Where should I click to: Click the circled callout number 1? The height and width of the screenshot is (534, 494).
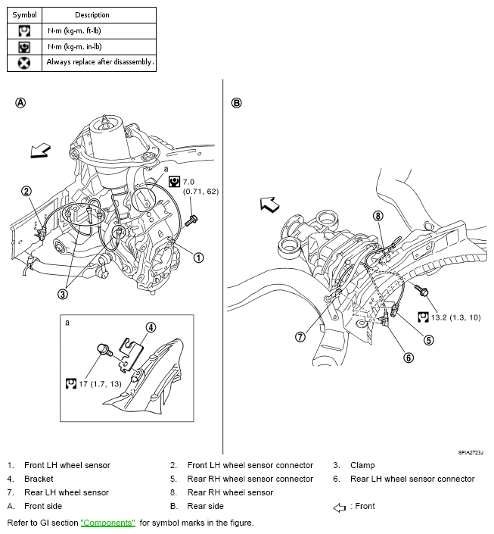pyautogui.click(x=199, y=258)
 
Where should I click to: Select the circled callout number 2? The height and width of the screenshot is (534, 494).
pyautogui.click(x=26, y=192)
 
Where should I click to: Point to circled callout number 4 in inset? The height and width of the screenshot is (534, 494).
pyautogui.click(x=151, y=327)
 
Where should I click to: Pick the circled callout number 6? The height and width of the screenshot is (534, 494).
pyautogui.click(x=409, y=358)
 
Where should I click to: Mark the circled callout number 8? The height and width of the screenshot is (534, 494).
pyautogui.click(x=377, y=216)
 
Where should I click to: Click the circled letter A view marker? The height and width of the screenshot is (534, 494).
pyautogui.click(x=20, y=103)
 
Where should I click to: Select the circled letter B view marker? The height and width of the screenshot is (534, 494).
pyautogui.click(x=237, y=103)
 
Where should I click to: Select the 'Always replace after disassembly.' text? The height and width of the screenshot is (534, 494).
pyautogui.click(x=99, y=62)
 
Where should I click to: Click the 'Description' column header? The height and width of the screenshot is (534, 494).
pyautogui.click(x=92, y=14)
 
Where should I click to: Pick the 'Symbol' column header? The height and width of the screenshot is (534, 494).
pyautogui.click(x=24, y=14)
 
